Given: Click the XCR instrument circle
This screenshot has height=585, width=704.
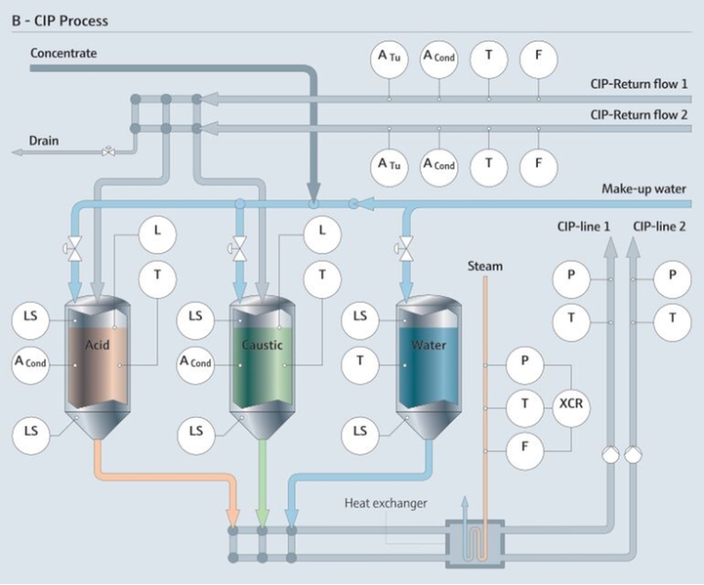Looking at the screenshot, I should [x=570, y=404].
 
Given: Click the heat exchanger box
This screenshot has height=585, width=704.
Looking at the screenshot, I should [x=475, y=541].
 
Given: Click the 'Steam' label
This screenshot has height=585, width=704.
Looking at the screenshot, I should [x=484, y=266].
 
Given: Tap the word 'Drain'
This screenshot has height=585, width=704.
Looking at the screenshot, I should [x=43, y=141].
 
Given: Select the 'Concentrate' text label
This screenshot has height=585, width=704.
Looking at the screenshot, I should [x=63, y=53].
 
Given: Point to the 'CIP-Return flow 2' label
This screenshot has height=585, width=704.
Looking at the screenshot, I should [x=639, y=114].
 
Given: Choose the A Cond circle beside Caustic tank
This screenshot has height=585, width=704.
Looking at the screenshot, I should [x=195, y=362].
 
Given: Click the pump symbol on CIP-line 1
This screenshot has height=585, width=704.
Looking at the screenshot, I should [x=608, y=452].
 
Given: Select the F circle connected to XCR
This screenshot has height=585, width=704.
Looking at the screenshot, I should [x=525, y=447].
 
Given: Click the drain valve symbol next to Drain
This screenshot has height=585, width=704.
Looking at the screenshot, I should [x=108, y=151].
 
